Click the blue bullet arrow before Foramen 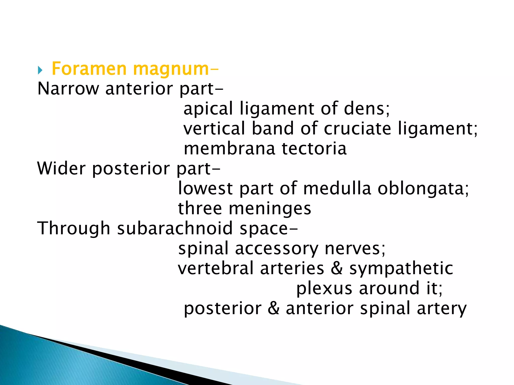[x=40, y=70]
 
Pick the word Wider [x=61, y=168]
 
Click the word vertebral [x=216, y=268]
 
